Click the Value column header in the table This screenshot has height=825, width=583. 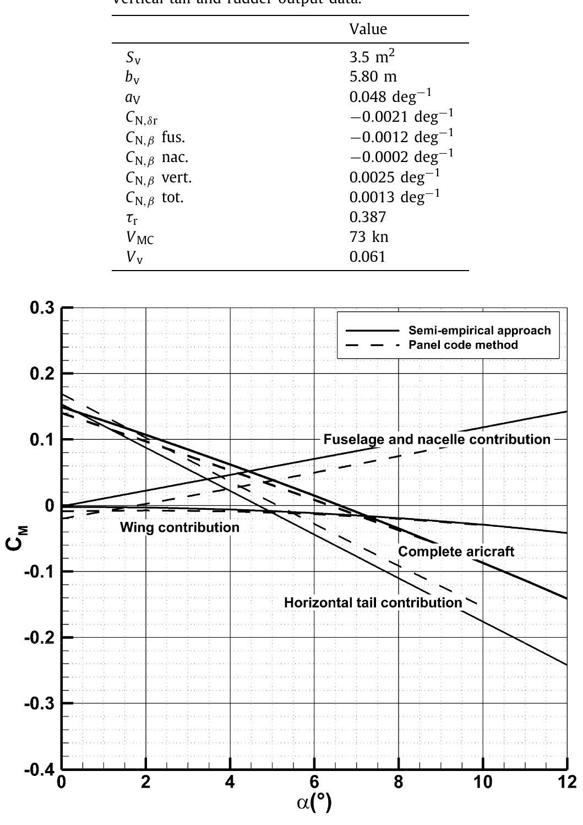coord(368,29)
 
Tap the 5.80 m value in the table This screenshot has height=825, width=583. coord(373,77)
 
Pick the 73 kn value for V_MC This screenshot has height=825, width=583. coord(369,237)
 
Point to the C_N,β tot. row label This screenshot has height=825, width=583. coord(155,198)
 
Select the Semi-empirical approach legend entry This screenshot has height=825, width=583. coord(479,331)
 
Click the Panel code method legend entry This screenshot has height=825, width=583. coord(462,345)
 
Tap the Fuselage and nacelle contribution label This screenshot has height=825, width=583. coord(437,439)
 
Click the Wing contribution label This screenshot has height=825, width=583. coord(179,527)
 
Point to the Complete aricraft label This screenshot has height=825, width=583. coord(456,552)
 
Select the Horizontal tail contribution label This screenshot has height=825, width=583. coord(373,602)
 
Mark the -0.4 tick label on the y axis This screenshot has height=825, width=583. coord(40,769)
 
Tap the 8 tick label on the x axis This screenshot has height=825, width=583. coord(398,783)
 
